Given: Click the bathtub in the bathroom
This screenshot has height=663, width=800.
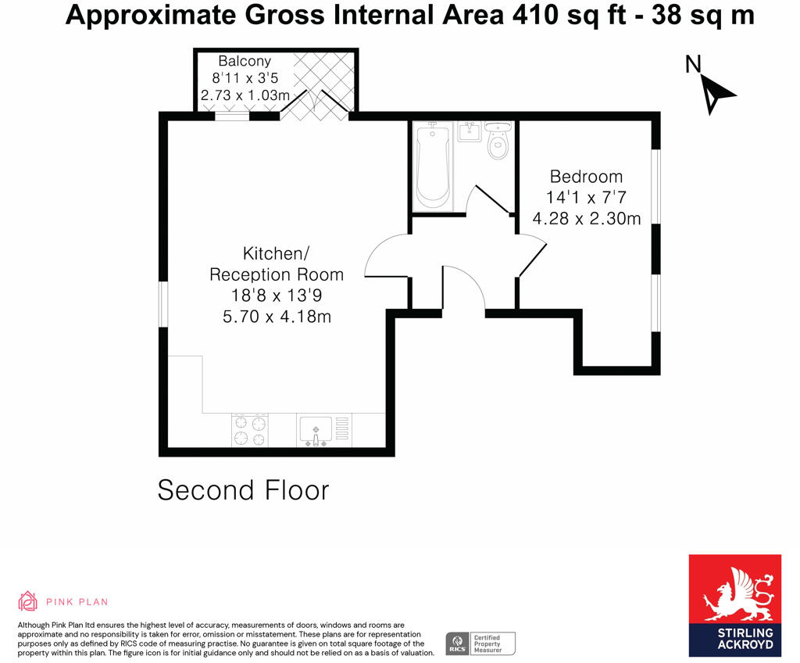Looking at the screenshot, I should pyautogui.click(x=432, y=167).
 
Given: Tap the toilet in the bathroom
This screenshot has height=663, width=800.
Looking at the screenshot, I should pyautogui.click(x=497, y=142).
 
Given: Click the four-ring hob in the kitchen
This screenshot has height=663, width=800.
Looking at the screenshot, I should pyautogui.click(x=250, y=430).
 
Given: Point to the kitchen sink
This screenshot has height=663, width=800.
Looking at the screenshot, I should pyautogui.click(x=316, y=430).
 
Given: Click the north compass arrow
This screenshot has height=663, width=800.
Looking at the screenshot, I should pyautogui.click(x=716, y=92).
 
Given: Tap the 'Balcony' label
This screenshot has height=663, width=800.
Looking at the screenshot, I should pyautogui.click(x=244, y=61).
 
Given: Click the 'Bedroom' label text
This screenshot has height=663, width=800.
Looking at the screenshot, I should pyautogui.click(x=586, y=177).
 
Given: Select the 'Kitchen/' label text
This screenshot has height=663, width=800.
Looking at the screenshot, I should pyautogui.click(x=276, y=254).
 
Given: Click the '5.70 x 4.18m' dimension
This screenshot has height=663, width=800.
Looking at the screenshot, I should pyautogui.click(x=276, y=317).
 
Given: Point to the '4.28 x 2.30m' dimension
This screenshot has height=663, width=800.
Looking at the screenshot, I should pyautogui.click(x=586, y=218).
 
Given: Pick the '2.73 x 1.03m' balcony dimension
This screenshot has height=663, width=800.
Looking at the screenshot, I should pyautogui.click(x=245, y=95).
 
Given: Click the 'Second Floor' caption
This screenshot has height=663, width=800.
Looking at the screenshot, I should pyautogui.click(x=243, y=490).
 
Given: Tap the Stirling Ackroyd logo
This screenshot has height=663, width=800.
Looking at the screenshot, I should pyautogui.click(x=734, y=605).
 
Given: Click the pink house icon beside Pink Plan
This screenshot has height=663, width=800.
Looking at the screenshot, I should pyautogui.click(x=28, y=600).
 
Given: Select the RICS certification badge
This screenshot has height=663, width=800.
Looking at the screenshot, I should pyautogui.click(x=480, y=643).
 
